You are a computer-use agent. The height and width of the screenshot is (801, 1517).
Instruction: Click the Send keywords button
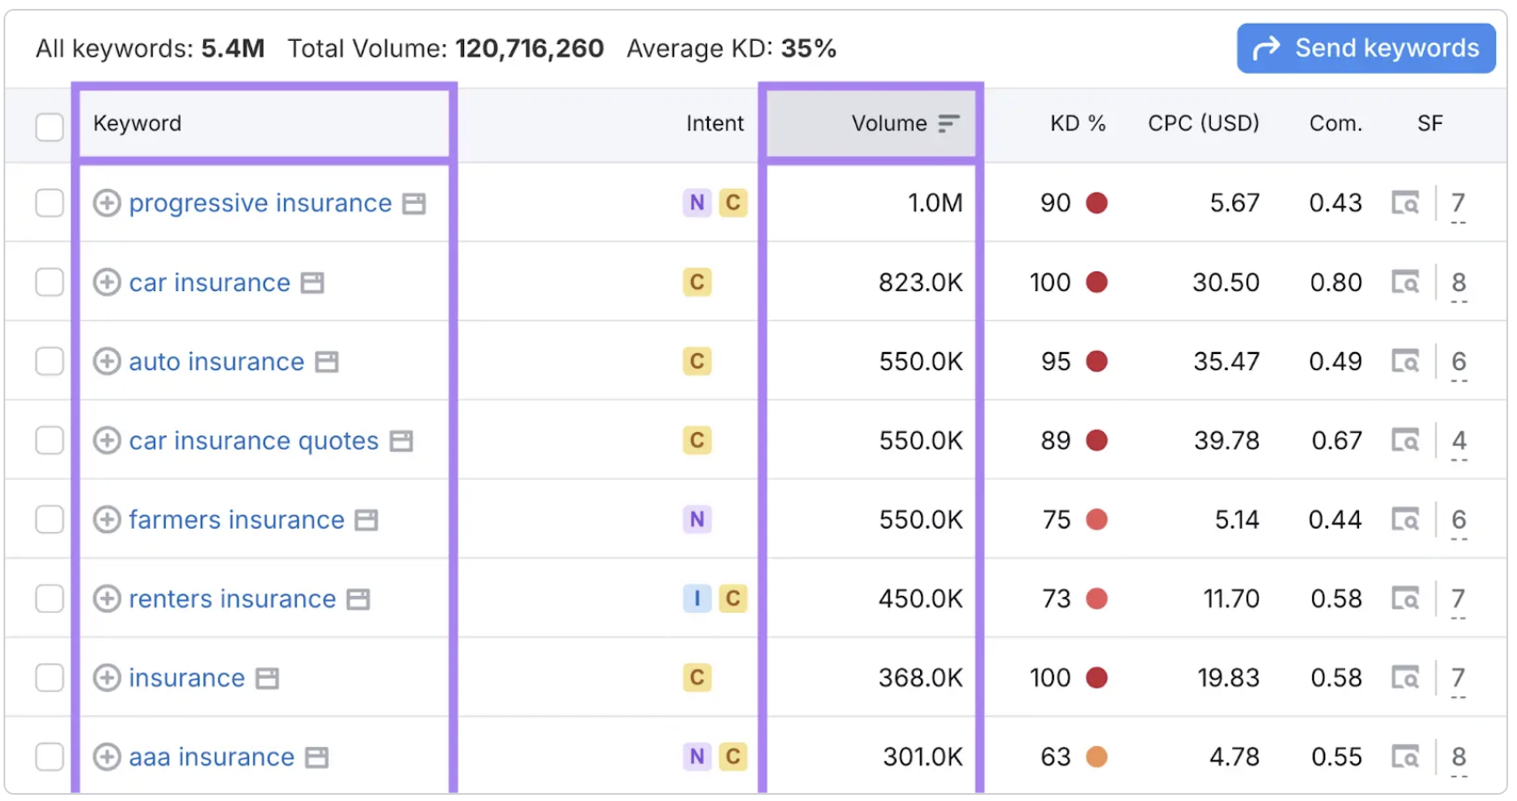pos(1365,48)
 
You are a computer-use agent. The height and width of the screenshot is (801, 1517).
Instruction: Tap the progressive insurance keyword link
pos(260,203)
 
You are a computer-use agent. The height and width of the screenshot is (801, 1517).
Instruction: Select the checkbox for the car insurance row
pos(50,282)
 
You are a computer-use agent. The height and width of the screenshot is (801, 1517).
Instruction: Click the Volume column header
pos(889,123)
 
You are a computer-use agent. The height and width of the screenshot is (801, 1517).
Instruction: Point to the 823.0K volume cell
pos(920,282)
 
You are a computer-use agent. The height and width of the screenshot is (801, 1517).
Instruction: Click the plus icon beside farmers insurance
pos(106,519)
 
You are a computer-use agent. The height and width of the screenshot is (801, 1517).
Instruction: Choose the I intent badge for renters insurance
pos(697,598)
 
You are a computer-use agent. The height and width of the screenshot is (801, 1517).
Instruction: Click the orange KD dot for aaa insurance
pos(1096,757)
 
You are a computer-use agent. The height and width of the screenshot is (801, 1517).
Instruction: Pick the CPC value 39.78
pos(1227,441)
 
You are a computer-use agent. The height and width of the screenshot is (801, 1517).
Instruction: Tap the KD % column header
pos(1078,123)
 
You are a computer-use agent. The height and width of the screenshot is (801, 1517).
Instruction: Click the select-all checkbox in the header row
pos(50,127)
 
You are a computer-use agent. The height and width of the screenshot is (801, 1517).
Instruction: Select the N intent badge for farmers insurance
pos(697,519)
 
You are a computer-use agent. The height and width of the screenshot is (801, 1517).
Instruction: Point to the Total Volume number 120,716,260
pos(529,49)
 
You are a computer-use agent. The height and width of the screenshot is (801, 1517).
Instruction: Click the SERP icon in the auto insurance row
pos(1405,361)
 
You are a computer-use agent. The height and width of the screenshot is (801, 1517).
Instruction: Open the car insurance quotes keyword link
pos(254,441)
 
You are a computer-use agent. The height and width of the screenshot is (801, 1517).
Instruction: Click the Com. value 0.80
pos(1335,282)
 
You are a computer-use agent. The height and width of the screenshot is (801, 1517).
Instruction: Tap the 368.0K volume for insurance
pos(920,678)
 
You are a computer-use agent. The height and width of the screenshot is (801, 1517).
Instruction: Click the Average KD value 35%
pos(808,49)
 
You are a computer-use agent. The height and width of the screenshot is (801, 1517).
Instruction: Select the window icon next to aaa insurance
pos(317,757)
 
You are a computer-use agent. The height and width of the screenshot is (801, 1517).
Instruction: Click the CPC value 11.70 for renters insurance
pos(1230,599)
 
